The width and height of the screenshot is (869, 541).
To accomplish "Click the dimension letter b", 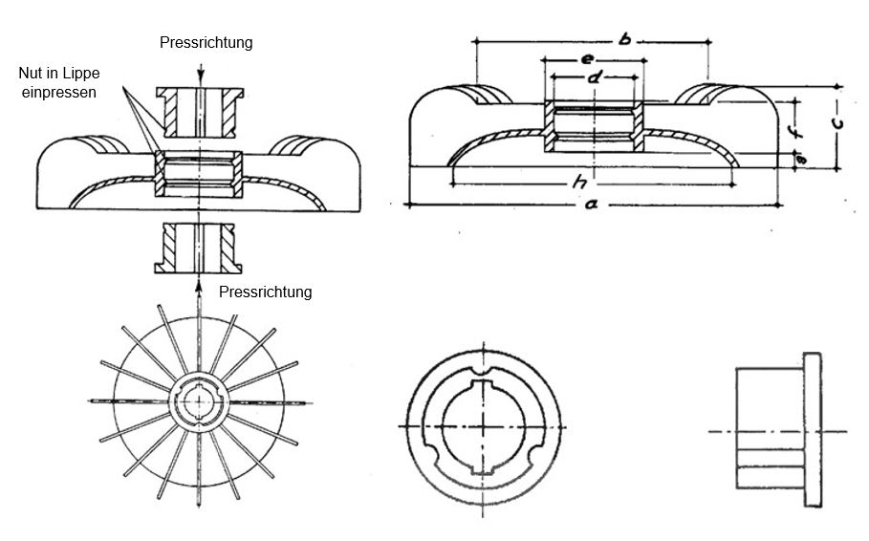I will pyautogui.click(x=624, y=39).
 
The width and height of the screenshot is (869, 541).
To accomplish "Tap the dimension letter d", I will pyautogui.click(x=593, y=76).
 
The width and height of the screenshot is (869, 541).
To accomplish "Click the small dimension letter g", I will pyautogui.click(x=801, y=160).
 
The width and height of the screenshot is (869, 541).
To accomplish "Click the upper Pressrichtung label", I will pyautogui.click(x=206, y=43).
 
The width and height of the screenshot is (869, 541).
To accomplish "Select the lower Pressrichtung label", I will pyautogui.click(x=265, y=292).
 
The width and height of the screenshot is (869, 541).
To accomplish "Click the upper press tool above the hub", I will pyautogui.click(x=200, y=112).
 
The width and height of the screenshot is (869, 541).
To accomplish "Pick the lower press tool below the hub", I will pyautogui.click(x=200, y=247).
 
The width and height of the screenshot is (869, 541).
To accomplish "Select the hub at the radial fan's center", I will pyautogui.click(x=199, y=400).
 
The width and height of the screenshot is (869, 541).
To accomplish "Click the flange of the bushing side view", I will pyautogui.click(x=813, y=431).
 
